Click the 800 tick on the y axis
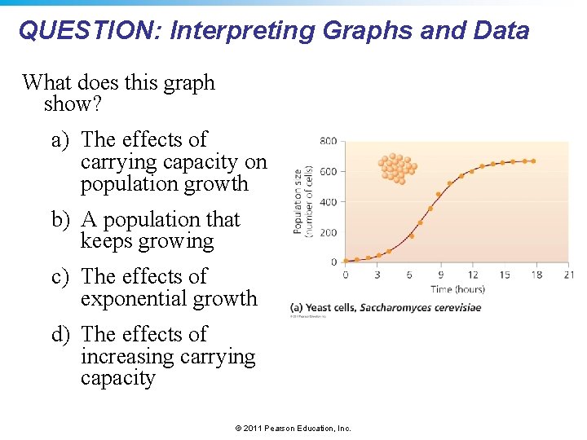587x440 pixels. coord(327,141)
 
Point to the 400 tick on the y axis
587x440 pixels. coord(327,202)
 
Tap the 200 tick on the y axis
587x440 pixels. coord(327,232)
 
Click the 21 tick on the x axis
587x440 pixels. coord(567,275)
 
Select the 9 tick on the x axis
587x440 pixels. coord(440,275)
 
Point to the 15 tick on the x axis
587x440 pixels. coord(505,275)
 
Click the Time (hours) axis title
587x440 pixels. coord(457,289)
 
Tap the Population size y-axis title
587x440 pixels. coord(302,200)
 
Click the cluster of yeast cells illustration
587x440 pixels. coord(397,168)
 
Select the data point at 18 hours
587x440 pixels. coord(534,161)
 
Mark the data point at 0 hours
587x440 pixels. coord(346,261)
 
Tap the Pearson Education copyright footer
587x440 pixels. coord(293,428)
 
